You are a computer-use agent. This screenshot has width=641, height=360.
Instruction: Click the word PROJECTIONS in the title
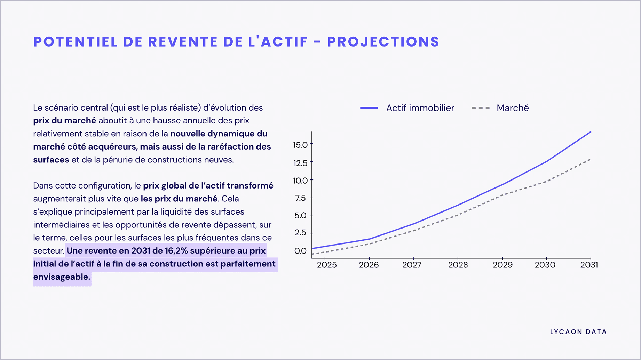pos(383,42)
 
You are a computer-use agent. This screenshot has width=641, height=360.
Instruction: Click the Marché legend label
pos(512,108)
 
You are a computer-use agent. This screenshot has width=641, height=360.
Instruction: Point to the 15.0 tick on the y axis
pos(300,145)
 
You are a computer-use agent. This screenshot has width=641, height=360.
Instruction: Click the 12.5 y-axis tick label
pos(300,163)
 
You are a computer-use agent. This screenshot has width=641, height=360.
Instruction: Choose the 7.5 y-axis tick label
pos(300,198)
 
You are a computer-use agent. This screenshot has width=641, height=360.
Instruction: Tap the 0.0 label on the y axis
pos(300,251)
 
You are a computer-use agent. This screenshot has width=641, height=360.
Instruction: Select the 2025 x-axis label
pos(326,265)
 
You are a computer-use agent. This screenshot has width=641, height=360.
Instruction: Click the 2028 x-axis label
pos(458,265)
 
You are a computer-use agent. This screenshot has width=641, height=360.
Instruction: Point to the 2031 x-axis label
pos(589,265)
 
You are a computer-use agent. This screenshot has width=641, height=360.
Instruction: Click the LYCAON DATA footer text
pos(578,332)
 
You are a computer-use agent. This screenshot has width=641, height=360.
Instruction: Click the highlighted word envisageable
pos(62,277)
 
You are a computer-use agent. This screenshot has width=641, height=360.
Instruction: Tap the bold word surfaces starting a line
pos(51,160)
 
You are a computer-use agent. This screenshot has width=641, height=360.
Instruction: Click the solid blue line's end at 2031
pos(591,132)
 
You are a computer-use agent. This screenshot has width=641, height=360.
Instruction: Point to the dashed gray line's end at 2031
pos(591,159)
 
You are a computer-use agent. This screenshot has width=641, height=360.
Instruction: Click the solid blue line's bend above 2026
pos(370,239)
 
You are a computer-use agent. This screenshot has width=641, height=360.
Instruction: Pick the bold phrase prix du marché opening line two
pos(64,121)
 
